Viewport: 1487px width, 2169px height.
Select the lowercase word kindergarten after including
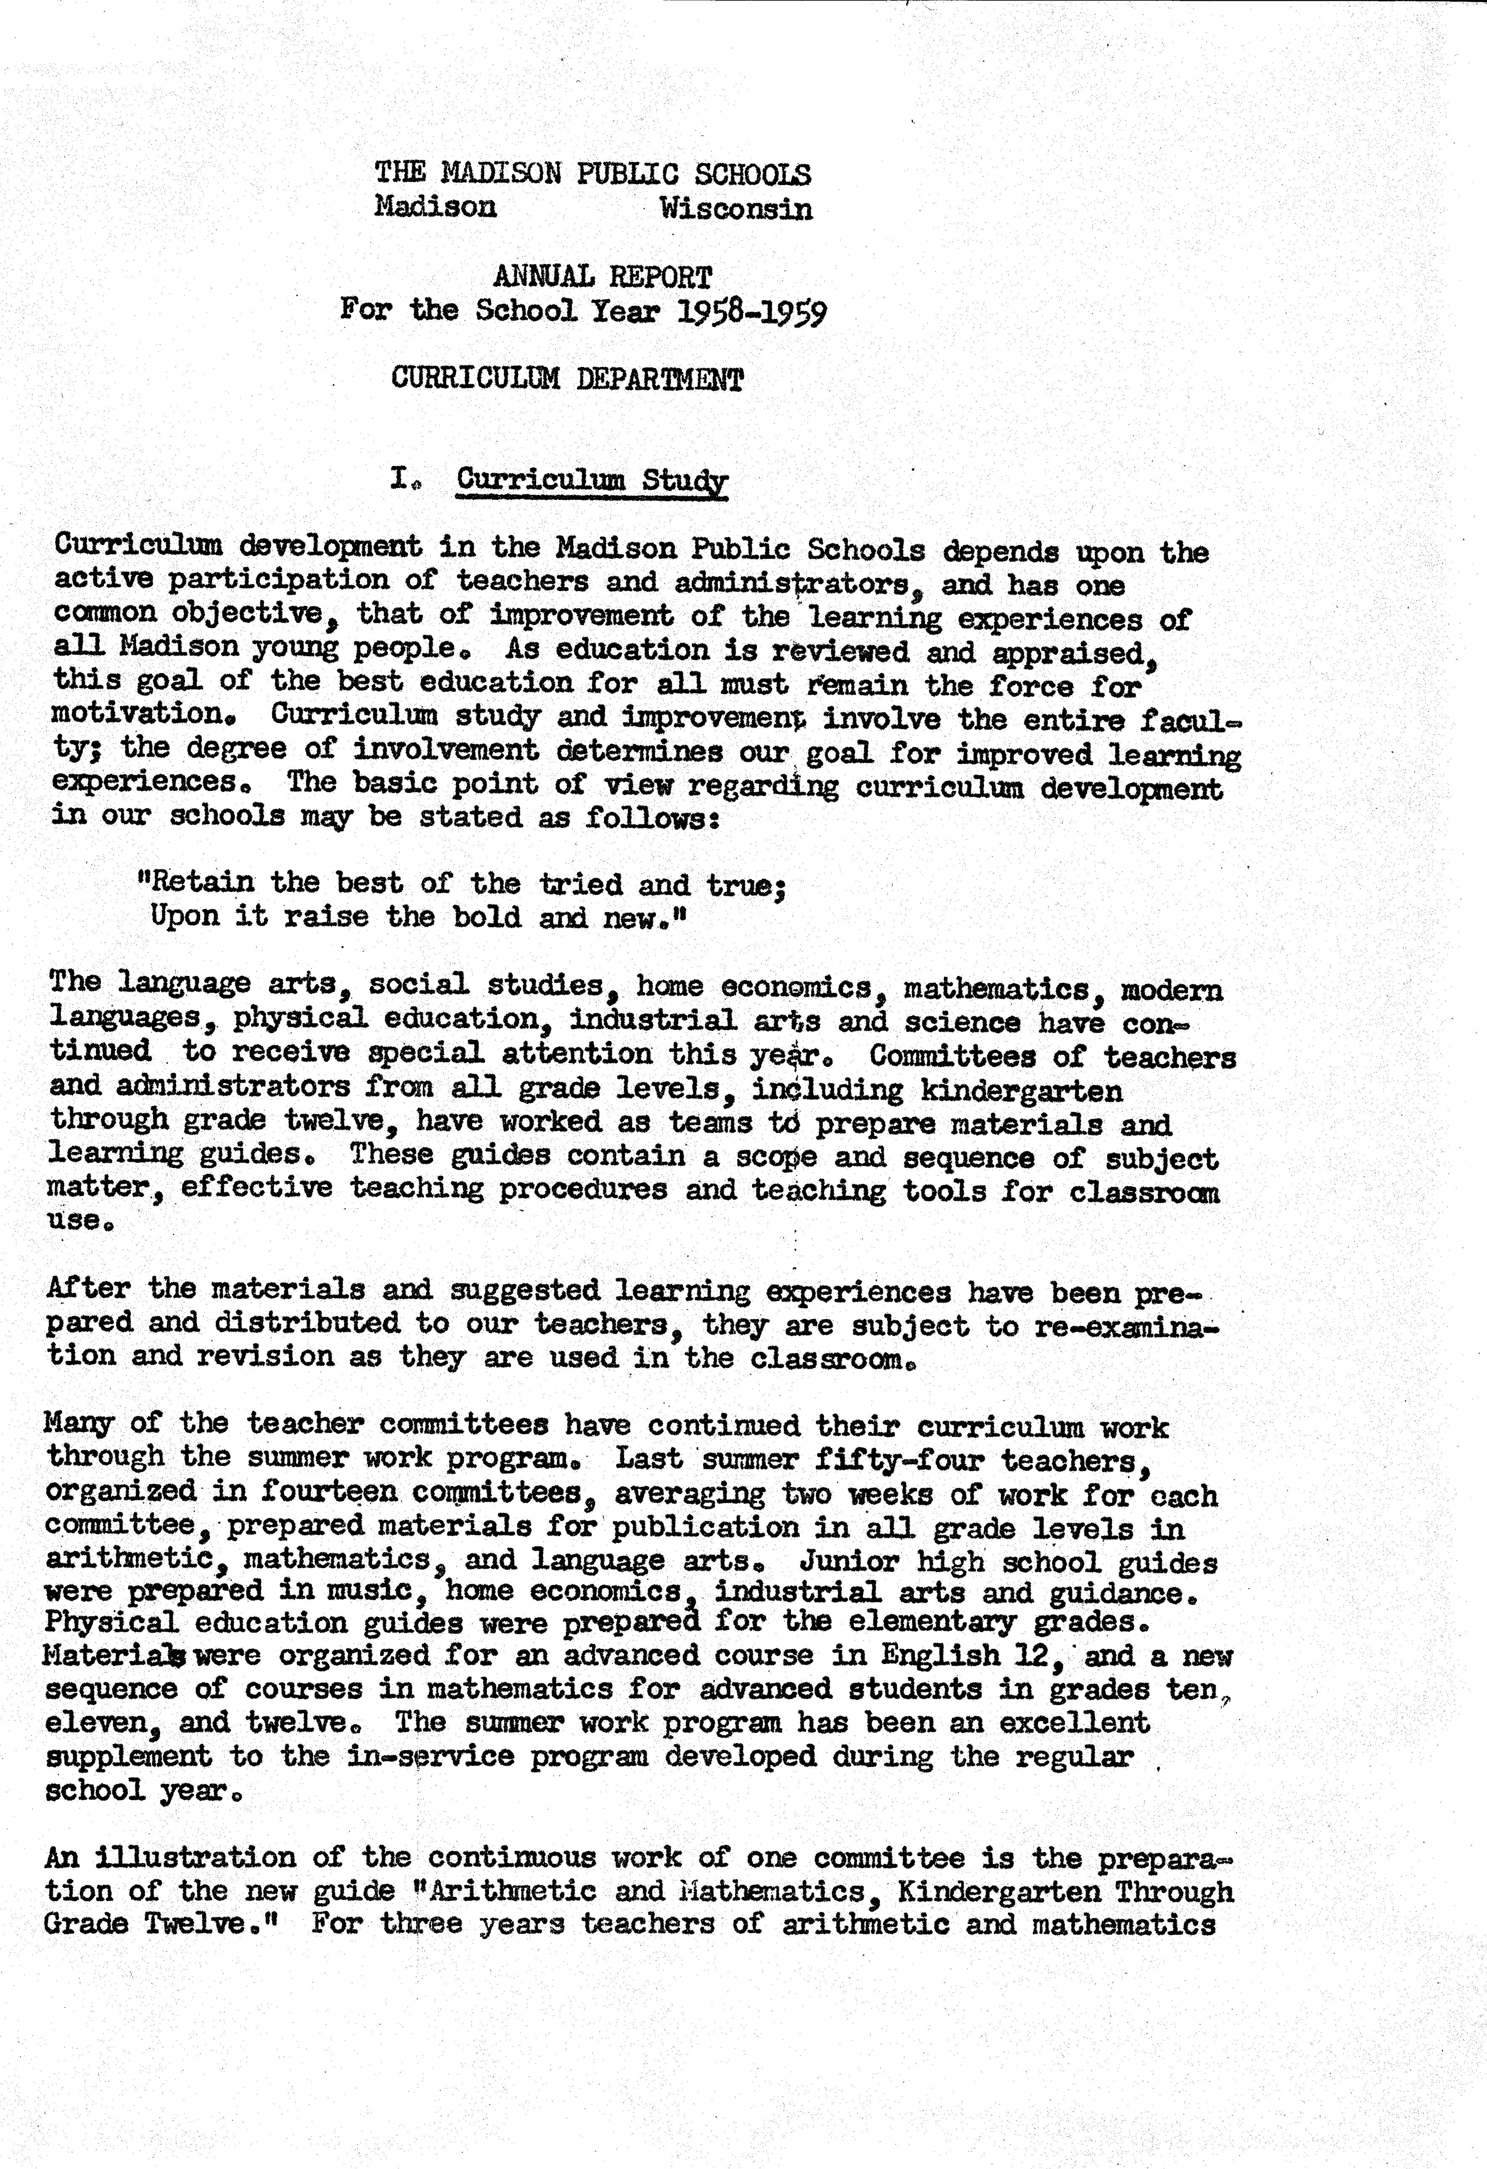(x=1021, y=1090)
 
